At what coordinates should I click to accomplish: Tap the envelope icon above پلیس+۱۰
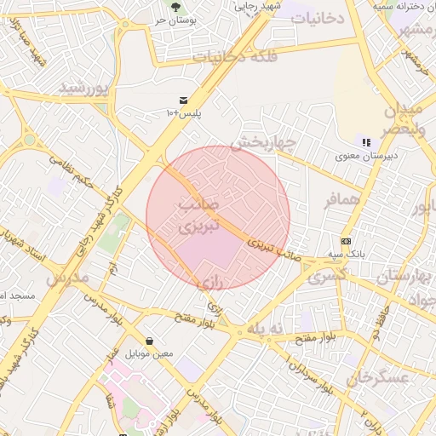[x=182, y=100]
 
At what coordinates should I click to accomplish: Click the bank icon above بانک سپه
[x=346, y=241]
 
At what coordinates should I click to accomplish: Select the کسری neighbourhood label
[x=327, y=276]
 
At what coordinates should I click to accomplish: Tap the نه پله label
[x=268, y=329]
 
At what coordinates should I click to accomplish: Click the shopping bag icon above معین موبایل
[x=150, y=341]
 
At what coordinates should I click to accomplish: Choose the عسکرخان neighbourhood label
[x=379, y=376]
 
